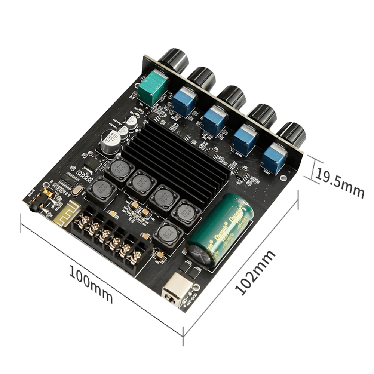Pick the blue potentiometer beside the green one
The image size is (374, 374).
pos(185,99)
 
